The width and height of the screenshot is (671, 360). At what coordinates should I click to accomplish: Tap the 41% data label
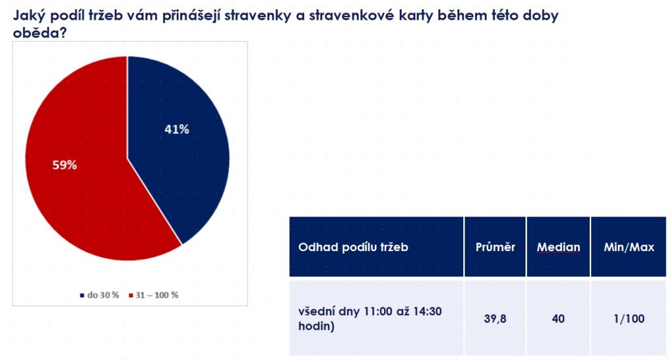point(177,129)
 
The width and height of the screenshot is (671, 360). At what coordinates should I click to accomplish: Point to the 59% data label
point(65,165)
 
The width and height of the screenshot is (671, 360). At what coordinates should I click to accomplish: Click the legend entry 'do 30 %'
point(100,295)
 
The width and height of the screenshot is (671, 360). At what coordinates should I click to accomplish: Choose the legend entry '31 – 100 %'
point(153,295)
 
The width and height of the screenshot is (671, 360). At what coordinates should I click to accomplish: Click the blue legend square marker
point(82,295)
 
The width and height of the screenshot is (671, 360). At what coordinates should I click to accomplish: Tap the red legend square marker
point(130,295)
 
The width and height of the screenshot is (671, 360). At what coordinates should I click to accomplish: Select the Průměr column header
point(495,247)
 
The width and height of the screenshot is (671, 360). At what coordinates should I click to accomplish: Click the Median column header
point(558,247)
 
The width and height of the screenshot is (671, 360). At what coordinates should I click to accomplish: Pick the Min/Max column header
point(629,247)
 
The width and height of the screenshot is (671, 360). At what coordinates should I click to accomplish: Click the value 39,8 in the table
point(495,319)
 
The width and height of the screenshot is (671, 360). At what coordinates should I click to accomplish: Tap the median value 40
point(558,319)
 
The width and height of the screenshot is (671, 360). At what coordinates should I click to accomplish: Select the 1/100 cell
point(629,319)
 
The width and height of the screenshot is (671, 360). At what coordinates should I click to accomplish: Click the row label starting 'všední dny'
point(370,319)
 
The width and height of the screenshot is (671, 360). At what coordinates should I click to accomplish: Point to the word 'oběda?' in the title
point(40,33)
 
